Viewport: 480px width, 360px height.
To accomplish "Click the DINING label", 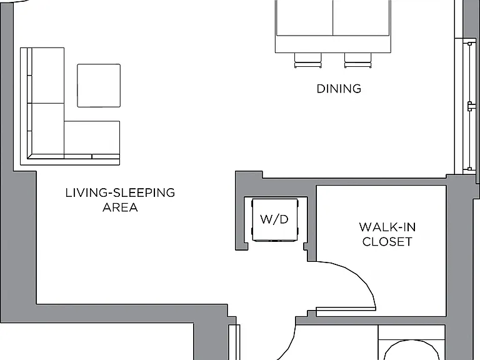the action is pyautogui.click(x=339, y=89).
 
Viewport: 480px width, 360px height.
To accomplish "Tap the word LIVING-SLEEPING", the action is pyautogui.click(x=120, y=193).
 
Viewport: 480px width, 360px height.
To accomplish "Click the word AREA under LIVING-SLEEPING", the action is pyautogui.click(x=120, y=207).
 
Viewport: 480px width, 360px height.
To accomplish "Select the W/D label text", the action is pyautogui.click(x=274, y=219).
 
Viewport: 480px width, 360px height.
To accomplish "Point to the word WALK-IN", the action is pyautogui.click(x=387, y=227).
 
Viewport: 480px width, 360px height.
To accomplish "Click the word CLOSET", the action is pyautogui.click(x=387, y=242).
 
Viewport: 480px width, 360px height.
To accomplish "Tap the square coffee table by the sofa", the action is pyautogui.click(x=99, y=86).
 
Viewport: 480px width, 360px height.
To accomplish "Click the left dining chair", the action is pyautogui.click(x=308, y=60).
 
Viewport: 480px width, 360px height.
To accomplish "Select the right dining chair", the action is pyautogui.click(x=358, y=60).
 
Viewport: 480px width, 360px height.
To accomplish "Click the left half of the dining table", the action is pyautogui.click(x=304, y=17).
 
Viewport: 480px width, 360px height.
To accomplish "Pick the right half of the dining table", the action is pyautogui.click(x=361, y=17).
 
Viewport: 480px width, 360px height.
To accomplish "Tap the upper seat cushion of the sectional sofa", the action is pyautogui.click(x=48, y=76).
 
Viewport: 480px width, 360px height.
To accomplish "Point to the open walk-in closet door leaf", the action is pyautogui.click(x=346, y=309).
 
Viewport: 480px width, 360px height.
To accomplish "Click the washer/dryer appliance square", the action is pyautogui.click(x=274, y=220).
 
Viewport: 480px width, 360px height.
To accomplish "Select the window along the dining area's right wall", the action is pyautogui.click(x=469, y=106).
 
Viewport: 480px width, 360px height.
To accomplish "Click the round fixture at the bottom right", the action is pyautogui.click(x=412, y=350).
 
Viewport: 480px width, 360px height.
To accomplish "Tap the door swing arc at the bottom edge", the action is pyautogui.click(x=290, y=342).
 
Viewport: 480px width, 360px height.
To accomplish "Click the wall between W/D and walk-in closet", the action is pyautogui.click(x=312, y=226).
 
